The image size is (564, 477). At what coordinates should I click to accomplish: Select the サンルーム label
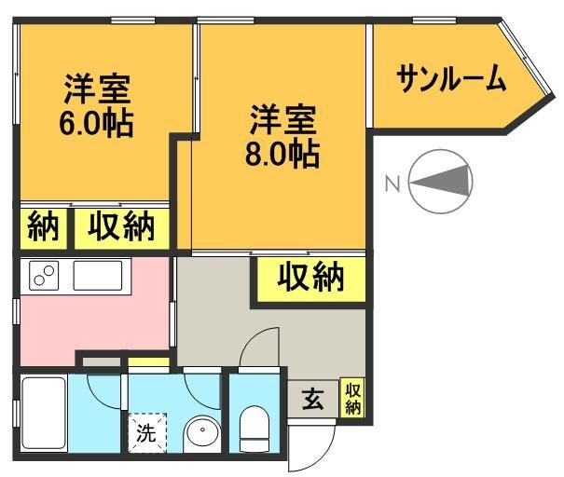point(451,78)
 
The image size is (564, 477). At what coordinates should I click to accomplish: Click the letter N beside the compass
point(392,184)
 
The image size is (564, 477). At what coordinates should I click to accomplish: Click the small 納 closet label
point(43,227)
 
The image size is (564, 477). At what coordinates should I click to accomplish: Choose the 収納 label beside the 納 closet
point(121,227)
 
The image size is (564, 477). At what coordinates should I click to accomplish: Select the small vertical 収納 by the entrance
point(353,398)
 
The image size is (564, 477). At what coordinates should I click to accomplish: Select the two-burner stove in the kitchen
point(44,277)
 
